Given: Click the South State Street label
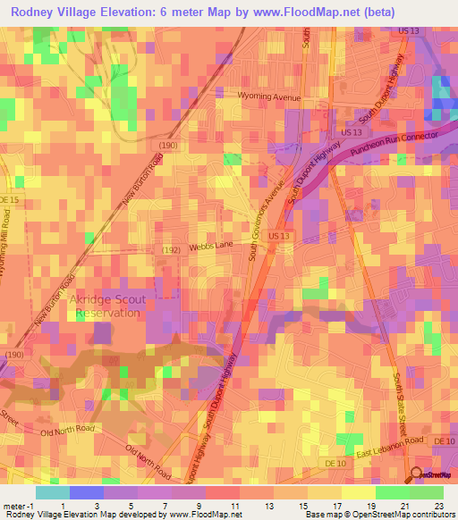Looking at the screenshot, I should click(x=401, y=403).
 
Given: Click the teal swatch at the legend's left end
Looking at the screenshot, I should click(x=53, y=491).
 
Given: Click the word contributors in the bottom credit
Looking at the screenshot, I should click(x=431, y=515).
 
